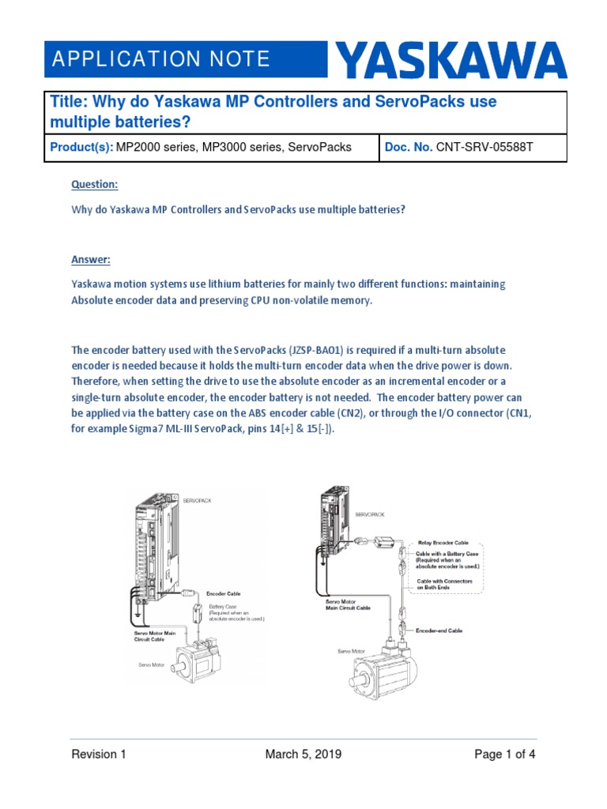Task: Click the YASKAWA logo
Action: (x=452, y=61)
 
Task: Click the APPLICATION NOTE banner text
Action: (x=160, y=59)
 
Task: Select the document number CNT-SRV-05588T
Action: (x=491, y=148)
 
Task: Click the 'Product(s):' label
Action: (x=81, y=148)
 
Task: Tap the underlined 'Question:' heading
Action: (x=94, y=184)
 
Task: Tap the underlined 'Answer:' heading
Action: (x=91, y=259)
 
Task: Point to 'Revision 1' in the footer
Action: (x=99, y=754)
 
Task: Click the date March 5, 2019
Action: (x=303, y=754)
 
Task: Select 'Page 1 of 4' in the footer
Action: (x=504, y=754)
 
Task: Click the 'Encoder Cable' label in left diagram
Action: (x=224, y=593)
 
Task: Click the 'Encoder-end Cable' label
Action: (x=439, y=631)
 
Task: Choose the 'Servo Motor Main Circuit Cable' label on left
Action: (x=146, y=636)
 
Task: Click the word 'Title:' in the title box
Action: (x=70, y=103)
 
